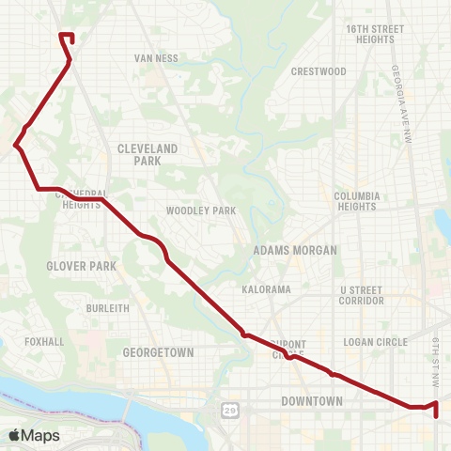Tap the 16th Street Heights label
pyautogui.click(x=374, y=35)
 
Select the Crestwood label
pyautogui.click(x=319, y=71)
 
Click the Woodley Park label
pyautogui.click(x=201, y=211)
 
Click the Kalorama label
pyautogui.click(x=266, y=289)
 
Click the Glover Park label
pyautogui.click(x=82, y=266)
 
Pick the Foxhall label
pyautogui.click(x=44, y=342)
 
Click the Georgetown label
pyautogui.click(x=158, y=352)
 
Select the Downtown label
pyautogui.click(x=312, y=401)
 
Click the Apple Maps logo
pyautogui.click(x=34, y=435)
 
